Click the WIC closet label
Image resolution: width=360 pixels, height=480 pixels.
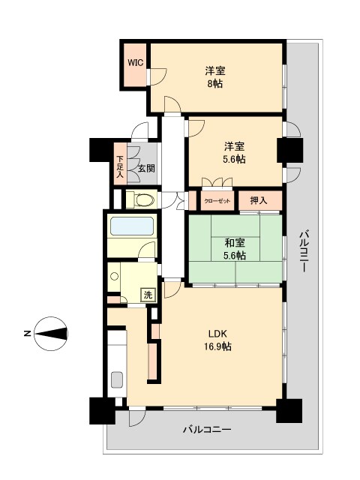click(135, 63)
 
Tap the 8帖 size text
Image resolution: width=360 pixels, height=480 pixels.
click(215, 84)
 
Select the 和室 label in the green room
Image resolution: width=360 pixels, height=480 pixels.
click(235, 242)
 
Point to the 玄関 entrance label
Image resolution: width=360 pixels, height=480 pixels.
click(145, 169)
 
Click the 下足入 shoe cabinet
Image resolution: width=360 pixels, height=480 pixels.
click(120, 169)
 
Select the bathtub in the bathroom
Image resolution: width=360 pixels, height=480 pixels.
click(131, 226)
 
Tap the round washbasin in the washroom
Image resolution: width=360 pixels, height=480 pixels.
click(114, 277)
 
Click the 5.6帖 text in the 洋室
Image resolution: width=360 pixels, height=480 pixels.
click(234, 159)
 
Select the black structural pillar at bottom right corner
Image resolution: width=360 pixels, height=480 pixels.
click(288, 410)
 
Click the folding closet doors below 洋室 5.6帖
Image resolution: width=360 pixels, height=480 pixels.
click(217, 182)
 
